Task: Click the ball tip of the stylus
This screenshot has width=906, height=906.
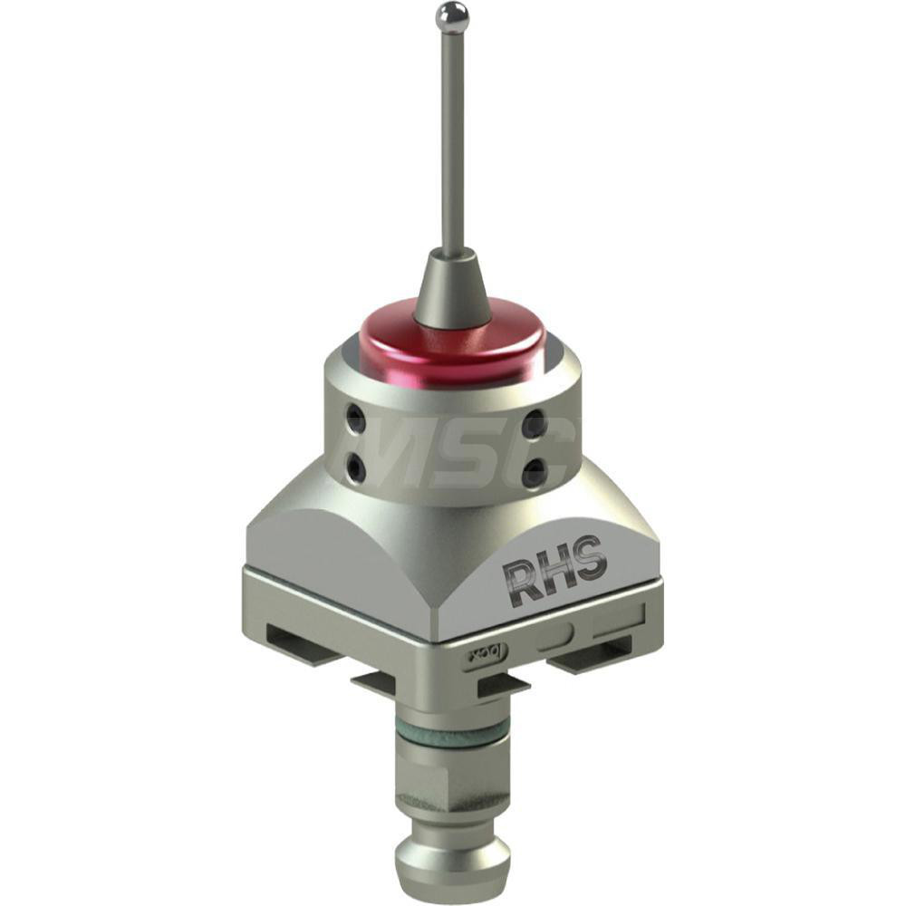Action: (x=452, y=15)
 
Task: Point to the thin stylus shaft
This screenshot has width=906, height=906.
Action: (x=452, y=136)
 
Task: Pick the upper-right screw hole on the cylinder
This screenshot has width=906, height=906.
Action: (x=535, y=423)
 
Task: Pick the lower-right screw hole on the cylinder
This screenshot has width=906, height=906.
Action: (x=535, y=470)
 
